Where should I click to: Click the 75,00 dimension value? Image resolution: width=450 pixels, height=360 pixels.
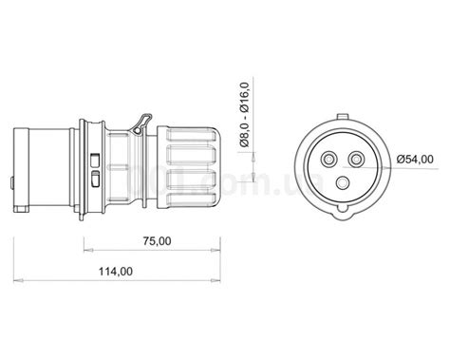(x=153, y=241)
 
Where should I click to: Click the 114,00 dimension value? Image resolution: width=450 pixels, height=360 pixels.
(x=115, y=271)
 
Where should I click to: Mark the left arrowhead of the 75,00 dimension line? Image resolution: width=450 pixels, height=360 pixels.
(x=88, y=252)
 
